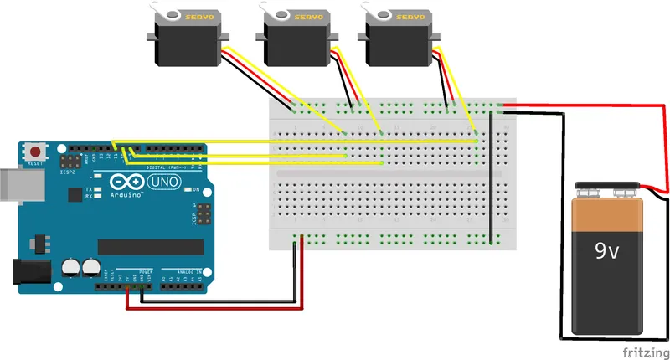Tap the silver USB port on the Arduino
[x=10, y=187]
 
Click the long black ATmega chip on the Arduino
[x=151, y=246]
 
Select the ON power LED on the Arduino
[x=195, y=190]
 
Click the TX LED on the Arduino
[x=99, y=190]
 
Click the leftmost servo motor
[x=185, y=37]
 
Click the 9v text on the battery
[x=607, y=250]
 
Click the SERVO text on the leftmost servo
[x=198, y=16]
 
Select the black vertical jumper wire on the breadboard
[x=490, y=177]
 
